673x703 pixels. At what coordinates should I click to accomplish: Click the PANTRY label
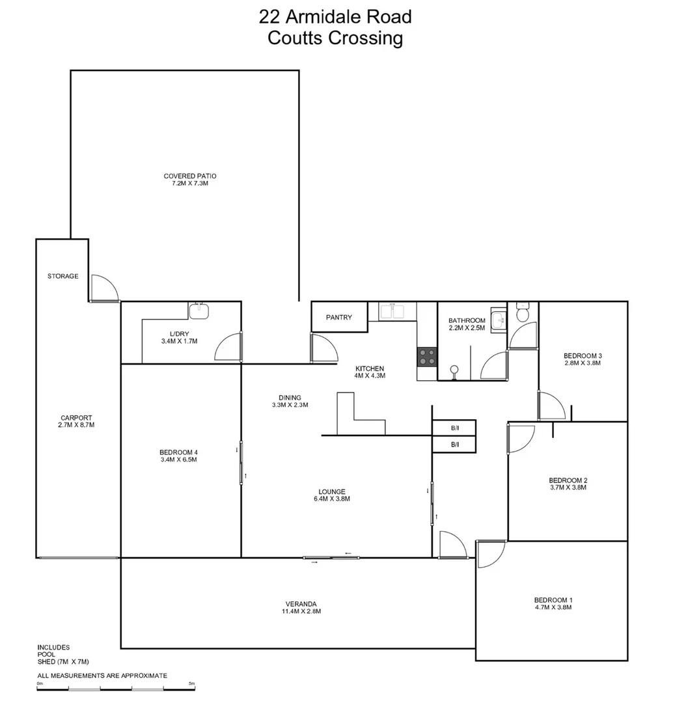(339, 318)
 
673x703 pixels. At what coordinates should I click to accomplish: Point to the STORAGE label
(62, 276)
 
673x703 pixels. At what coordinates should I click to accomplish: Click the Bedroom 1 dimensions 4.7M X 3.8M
(553, 607)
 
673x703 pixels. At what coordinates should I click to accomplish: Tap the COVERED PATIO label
(189, 176)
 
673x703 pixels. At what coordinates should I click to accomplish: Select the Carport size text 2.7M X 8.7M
(76, 425)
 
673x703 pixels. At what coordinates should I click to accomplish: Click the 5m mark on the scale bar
(191, 683)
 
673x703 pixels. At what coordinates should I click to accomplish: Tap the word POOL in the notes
(46, 654)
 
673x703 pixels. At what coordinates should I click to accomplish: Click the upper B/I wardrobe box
(454, 428)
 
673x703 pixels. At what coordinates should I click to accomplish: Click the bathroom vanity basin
(499, 320)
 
